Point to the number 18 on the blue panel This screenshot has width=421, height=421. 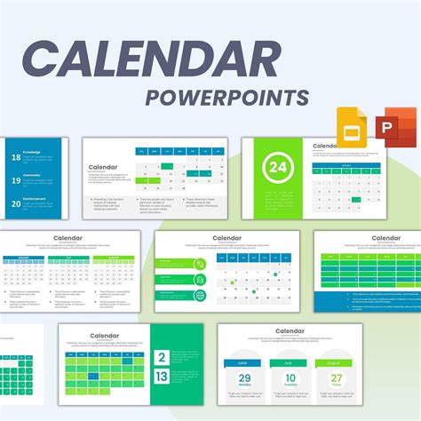click(x=16, y=158)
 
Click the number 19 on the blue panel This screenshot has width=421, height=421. click(x=16, y=180)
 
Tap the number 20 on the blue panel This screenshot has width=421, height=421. click(x=16, y=203)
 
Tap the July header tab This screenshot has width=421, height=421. click(x=291, y=362)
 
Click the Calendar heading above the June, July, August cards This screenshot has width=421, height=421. click(x=290, y=331)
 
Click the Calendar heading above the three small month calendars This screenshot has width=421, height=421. click(x=68, y=238)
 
